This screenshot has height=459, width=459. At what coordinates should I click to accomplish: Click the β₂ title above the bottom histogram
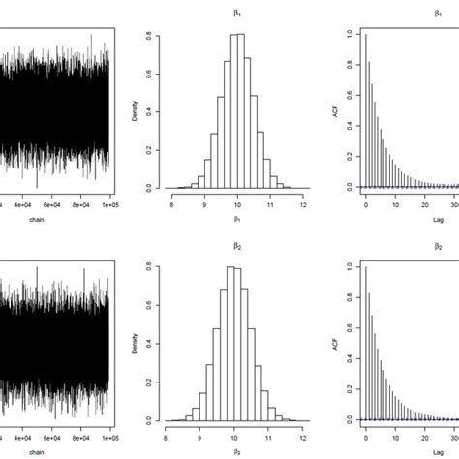(x=236, y=244)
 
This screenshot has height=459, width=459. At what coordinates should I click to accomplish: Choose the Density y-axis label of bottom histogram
(x=146, y=340)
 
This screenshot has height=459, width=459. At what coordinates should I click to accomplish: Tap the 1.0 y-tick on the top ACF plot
(x=349, y=34)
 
